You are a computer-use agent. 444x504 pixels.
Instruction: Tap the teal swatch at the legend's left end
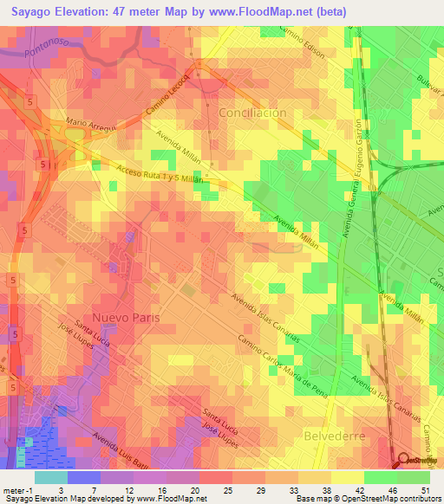pos(50,476)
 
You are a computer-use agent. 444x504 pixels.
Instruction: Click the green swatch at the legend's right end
pos(414,476)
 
